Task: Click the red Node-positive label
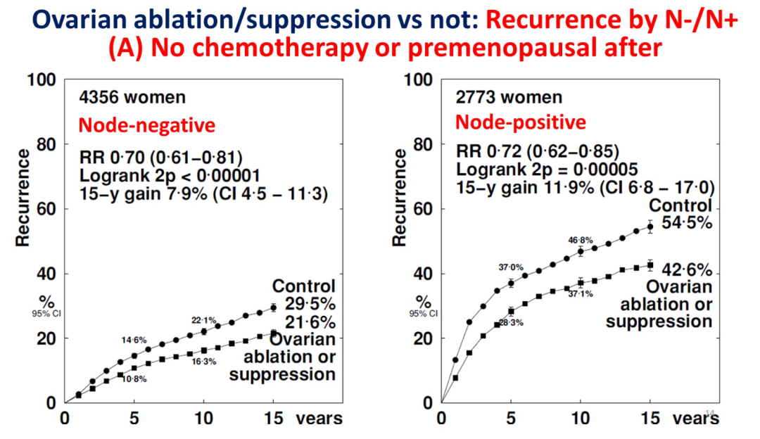point(520,122)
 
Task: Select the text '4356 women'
point(133,97)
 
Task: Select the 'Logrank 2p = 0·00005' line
point(547,170)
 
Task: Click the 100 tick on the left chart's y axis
point(42,80)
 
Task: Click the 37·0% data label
point(510,267)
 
